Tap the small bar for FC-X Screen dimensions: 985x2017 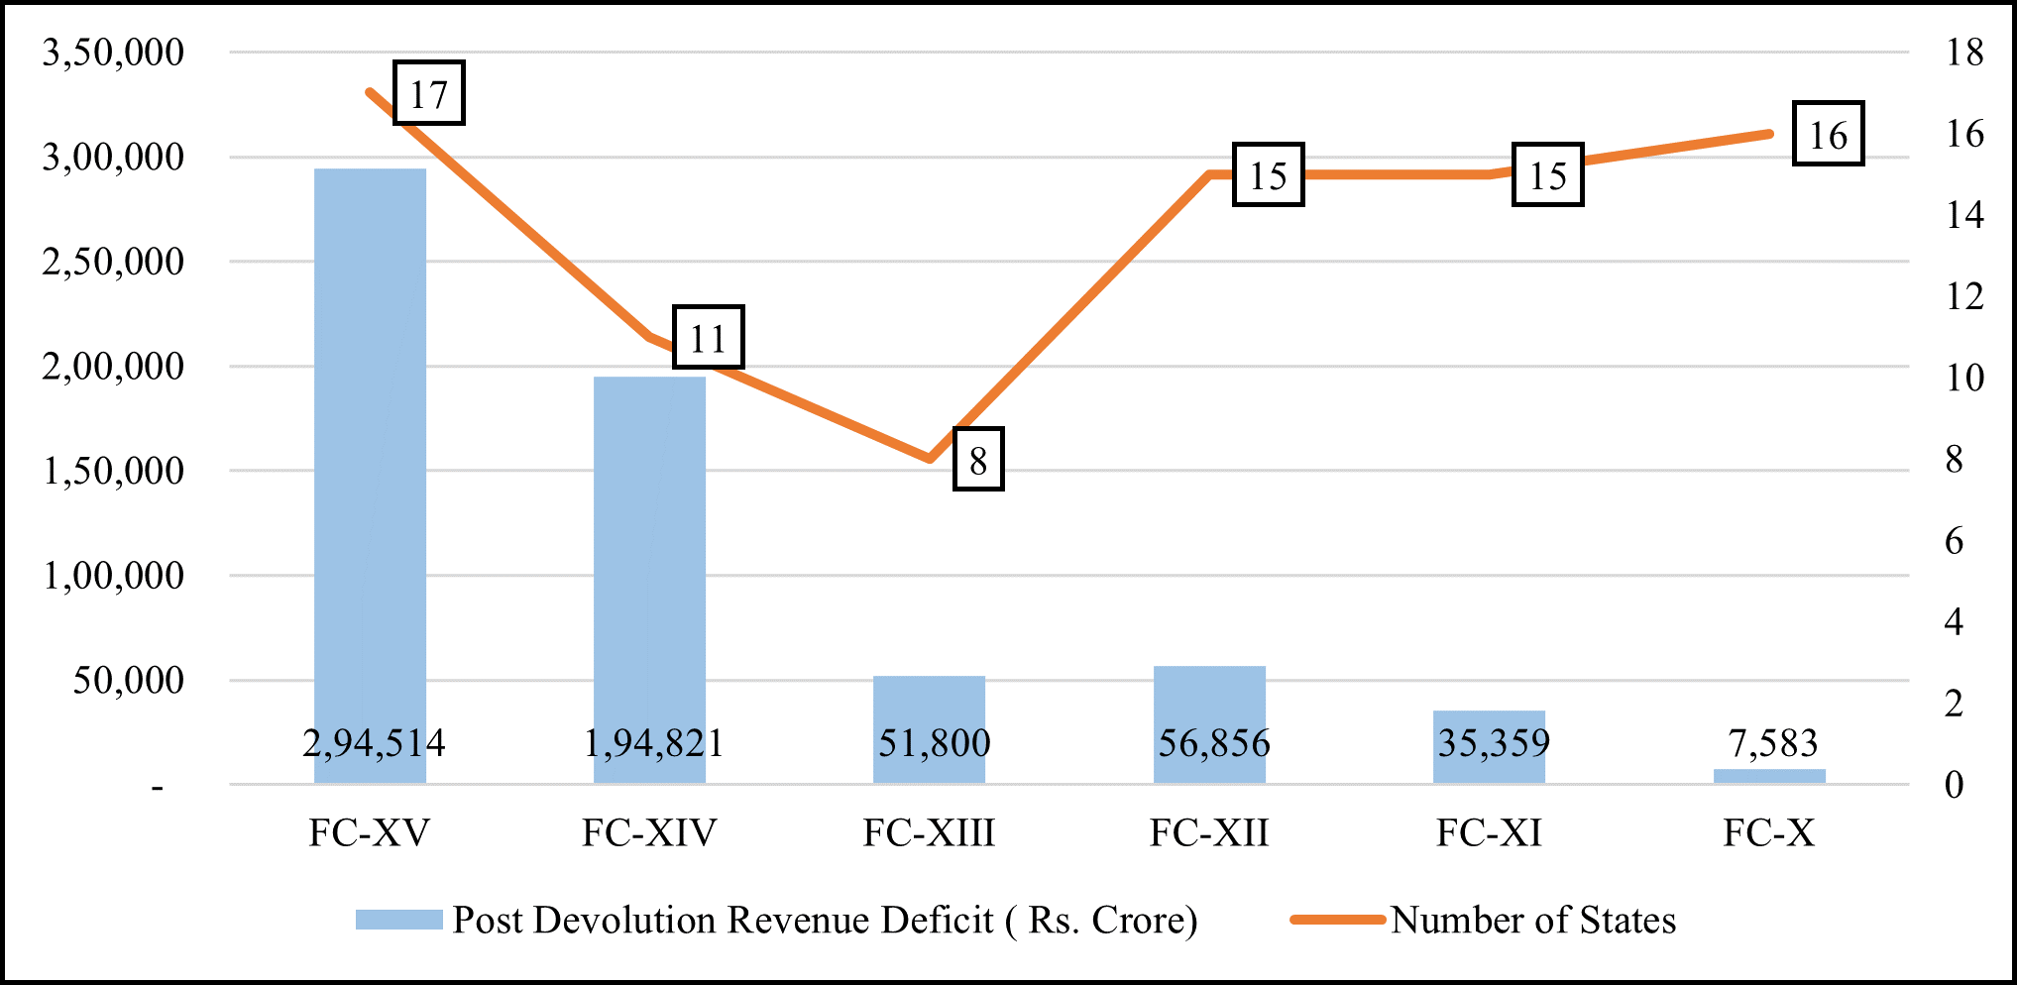(x=1769, y=776)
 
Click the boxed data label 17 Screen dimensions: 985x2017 (x=429, y=94)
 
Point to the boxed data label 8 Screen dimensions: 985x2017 (x=978, y=460)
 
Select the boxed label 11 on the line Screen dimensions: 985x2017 (x=708, y=338)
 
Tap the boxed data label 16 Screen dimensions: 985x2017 (x=1829, y=134)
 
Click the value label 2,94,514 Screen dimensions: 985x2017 (x=374, y=743)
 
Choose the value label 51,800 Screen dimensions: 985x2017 (x=934, y=743)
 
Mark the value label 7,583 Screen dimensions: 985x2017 (x=1772, y=743)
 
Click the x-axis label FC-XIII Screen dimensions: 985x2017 (x=929, y=833)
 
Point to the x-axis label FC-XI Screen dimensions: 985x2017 (x=1489, y=833)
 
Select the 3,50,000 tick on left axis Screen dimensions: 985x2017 (x=113, y=53)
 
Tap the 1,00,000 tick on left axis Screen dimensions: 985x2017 (x=113, y=576)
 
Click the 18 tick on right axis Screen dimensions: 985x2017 (x=1964, y=53)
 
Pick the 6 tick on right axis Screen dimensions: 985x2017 (x=1954, y=541)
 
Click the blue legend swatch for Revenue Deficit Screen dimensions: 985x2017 (x=398, y=920)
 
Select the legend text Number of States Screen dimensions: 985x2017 (x=1532, y=921)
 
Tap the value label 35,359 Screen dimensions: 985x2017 (x=1494, y=743)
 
